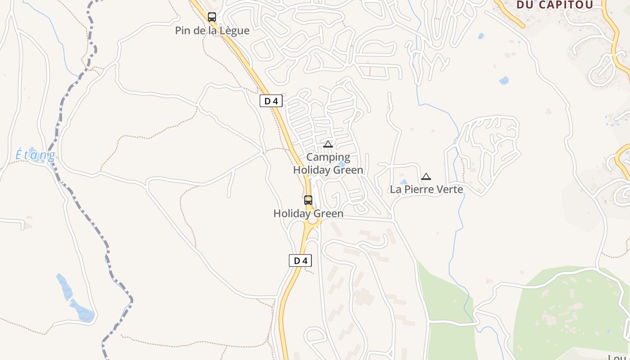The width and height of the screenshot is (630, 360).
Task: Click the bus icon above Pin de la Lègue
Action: click(x=212, y=17)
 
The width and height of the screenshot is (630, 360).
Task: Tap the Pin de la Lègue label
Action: click(x=212, y=31)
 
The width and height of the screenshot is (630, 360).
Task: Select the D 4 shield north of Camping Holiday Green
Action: click(x=271, y=101)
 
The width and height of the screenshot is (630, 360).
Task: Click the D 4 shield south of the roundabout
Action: click(x=300, y=261)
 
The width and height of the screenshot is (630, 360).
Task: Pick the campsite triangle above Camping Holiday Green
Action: click(x=328, y=144)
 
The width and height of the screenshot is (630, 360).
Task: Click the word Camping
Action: click(x=328, y=157)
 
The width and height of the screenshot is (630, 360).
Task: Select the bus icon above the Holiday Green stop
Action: click(x=308, y=200)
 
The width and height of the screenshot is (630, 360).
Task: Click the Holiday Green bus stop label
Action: click(x=308, y=213)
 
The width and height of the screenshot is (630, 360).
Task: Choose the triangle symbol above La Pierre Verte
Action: click(x=426, y=176)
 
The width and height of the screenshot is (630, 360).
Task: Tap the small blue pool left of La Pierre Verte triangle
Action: click(x=404, y=182)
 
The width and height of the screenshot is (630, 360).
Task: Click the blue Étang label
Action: click(x=35, y=155)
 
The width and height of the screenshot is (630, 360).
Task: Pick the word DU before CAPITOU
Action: click(x=525, y=5)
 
